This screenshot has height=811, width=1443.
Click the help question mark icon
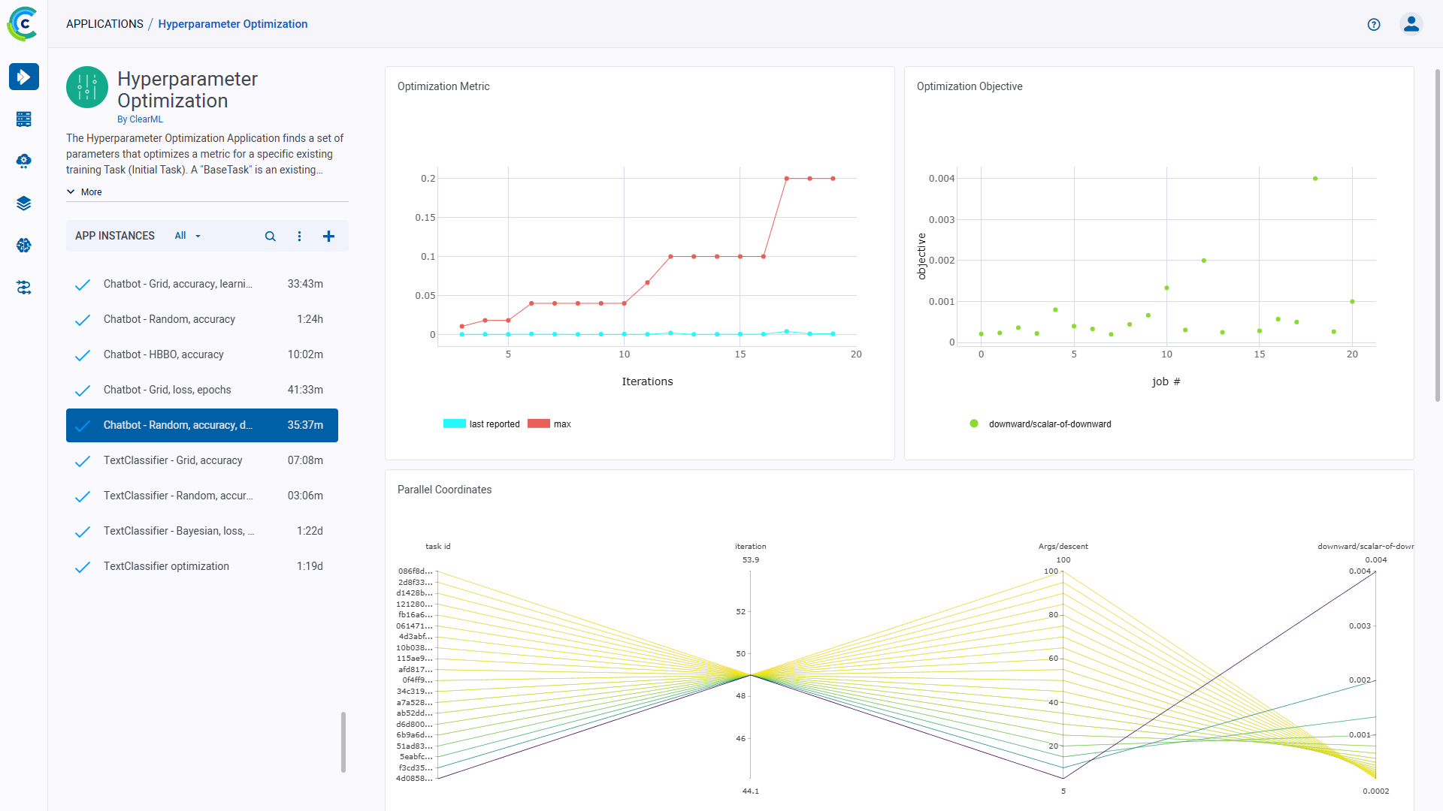1374,24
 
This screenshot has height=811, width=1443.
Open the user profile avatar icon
1411,24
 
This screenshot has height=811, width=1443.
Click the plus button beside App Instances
328,236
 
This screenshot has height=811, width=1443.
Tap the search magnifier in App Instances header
271,236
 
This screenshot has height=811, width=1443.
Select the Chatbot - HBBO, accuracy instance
164,354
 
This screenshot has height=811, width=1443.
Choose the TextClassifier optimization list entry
166,566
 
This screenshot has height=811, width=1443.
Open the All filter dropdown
187,236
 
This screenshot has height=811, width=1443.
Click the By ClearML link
140,119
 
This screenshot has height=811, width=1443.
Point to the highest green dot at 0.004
1315,179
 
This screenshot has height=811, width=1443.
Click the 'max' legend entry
561,424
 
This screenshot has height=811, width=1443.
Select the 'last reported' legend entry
494,424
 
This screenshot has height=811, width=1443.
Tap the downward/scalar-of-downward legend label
1049,424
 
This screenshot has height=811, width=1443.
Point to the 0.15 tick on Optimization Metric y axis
425,218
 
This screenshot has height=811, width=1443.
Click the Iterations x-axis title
647,381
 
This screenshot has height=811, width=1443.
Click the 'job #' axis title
1166,381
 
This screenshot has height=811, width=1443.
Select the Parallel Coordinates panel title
444,490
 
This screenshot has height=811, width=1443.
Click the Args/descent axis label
1063,546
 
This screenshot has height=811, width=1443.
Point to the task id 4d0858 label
414,779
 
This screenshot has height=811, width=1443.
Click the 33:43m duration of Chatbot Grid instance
305,284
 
